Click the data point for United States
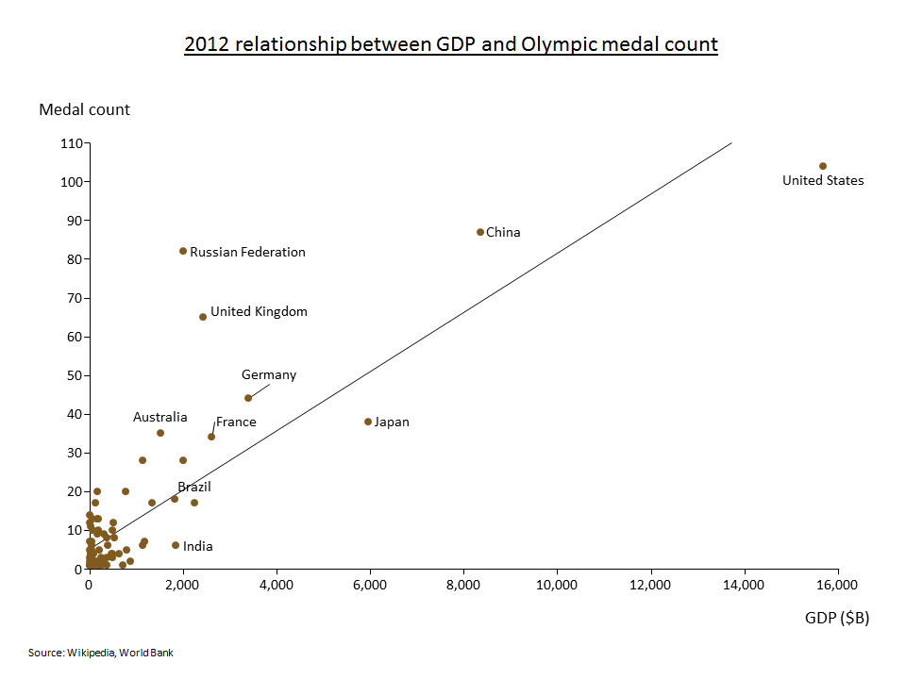(823, 166)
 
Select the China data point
(480, 232)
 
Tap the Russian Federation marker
(183, 251)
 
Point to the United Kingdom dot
(203, 317)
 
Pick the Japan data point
(368, 422)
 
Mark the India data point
(176, 545)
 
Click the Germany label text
(269, 375)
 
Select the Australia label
(160, 417)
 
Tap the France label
(236, 422)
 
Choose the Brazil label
(194, 487)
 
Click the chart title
(451, 44)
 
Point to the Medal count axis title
(85, 109)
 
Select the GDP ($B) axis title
(837, 619)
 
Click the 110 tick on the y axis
(72, 143)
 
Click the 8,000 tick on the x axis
(463, 585)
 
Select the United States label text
(823, 181)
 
